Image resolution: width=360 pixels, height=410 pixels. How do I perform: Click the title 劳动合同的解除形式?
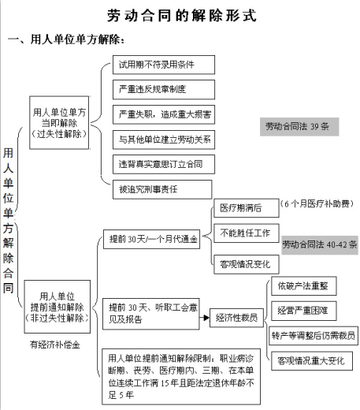182,16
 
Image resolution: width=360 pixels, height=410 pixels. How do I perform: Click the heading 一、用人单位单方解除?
66,40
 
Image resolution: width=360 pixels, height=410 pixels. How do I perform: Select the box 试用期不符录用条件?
164,65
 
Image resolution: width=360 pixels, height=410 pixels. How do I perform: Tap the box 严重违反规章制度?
164,90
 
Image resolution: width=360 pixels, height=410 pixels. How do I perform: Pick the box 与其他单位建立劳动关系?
164,140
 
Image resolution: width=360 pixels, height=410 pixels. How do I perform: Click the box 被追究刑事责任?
162,189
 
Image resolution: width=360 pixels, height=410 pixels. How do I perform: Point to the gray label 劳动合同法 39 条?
299,127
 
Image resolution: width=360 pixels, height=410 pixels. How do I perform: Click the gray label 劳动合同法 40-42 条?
320,245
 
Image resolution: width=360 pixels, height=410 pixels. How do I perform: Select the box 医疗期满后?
247,208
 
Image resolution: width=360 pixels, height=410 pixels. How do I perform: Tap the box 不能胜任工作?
247,233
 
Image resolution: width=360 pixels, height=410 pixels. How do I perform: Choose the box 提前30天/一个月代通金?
151,239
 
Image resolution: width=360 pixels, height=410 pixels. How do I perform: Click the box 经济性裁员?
236,318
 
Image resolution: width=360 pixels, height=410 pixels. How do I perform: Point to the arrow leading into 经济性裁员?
204,318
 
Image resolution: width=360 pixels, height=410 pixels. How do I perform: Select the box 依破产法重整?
304,285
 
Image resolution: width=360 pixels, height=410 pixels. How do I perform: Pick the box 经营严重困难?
304,311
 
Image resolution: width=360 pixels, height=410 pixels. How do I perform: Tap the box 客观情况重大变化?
312,360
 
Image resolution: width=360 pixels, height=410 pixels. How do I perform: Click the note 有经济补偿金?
55,345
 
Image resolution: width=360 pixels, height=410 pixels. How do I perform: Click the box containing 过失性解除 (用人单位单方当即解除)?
59,123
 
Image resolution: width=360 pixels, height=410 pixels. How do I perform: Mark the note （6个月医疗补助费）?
317,203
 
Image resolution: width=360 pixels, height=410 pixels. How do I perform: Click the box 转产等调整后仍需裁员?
314,336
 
